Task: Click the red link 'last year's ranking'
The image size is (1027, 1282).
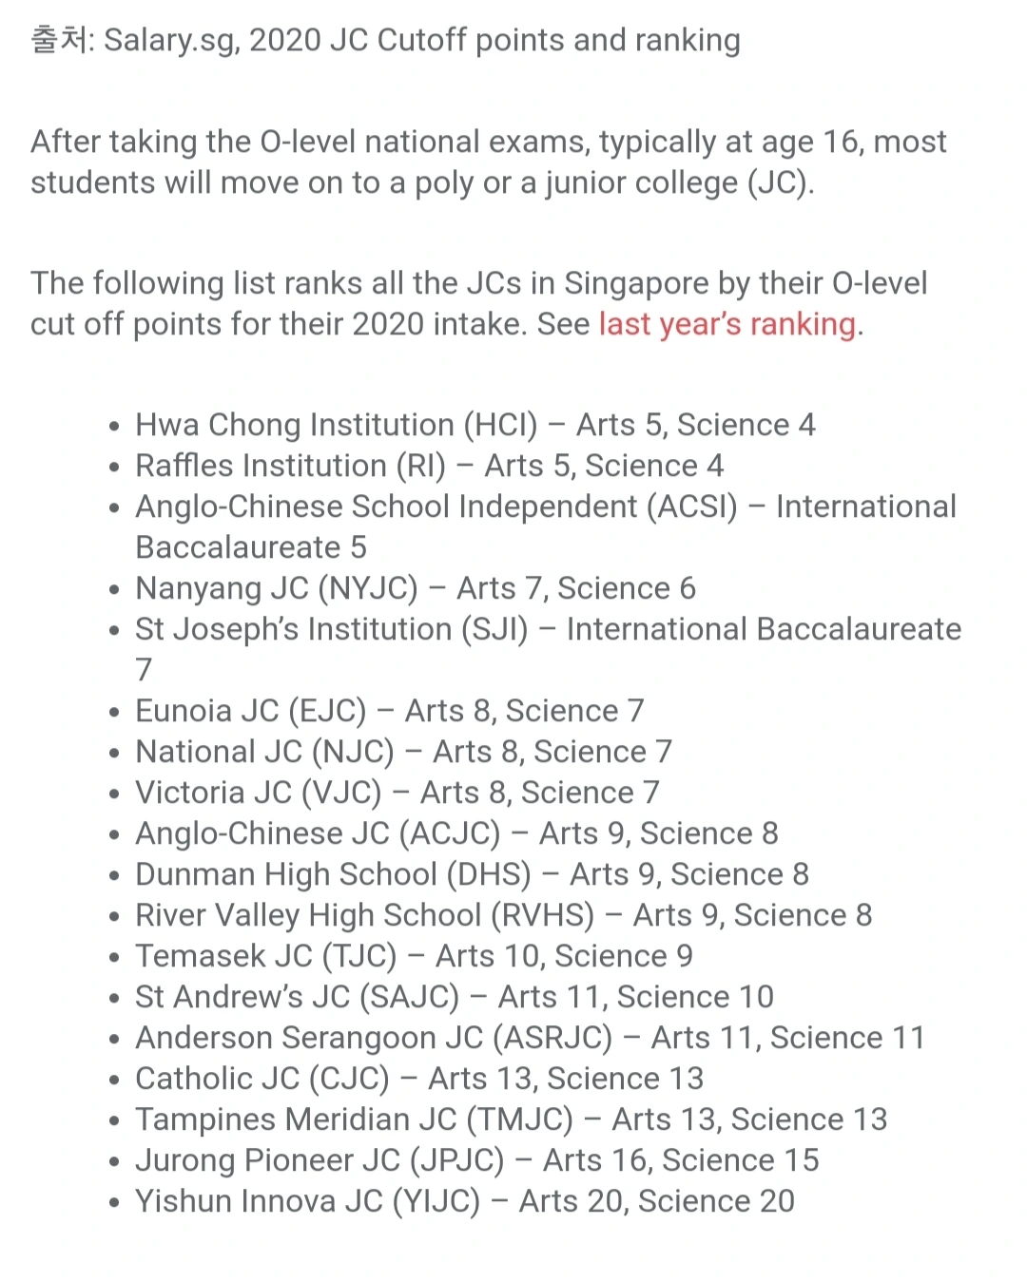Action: (727, 324)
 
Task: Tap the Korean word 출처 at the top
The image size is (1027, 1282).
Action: (59, 40)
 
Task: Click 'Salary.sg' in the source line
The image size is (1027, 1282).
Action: (171, 41)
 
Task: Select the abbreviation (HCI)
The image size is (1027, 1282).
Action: (500, 425)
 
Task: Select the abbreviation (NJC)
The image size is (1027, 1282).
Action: (352, 752)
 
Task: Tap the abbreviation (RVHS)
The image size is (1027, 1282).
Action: (543, 915)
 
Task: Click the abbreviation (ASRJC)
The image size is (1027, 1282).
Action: (552, 1038)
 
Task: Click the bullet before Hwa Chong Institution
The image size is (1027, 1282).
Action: (114, 427)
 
